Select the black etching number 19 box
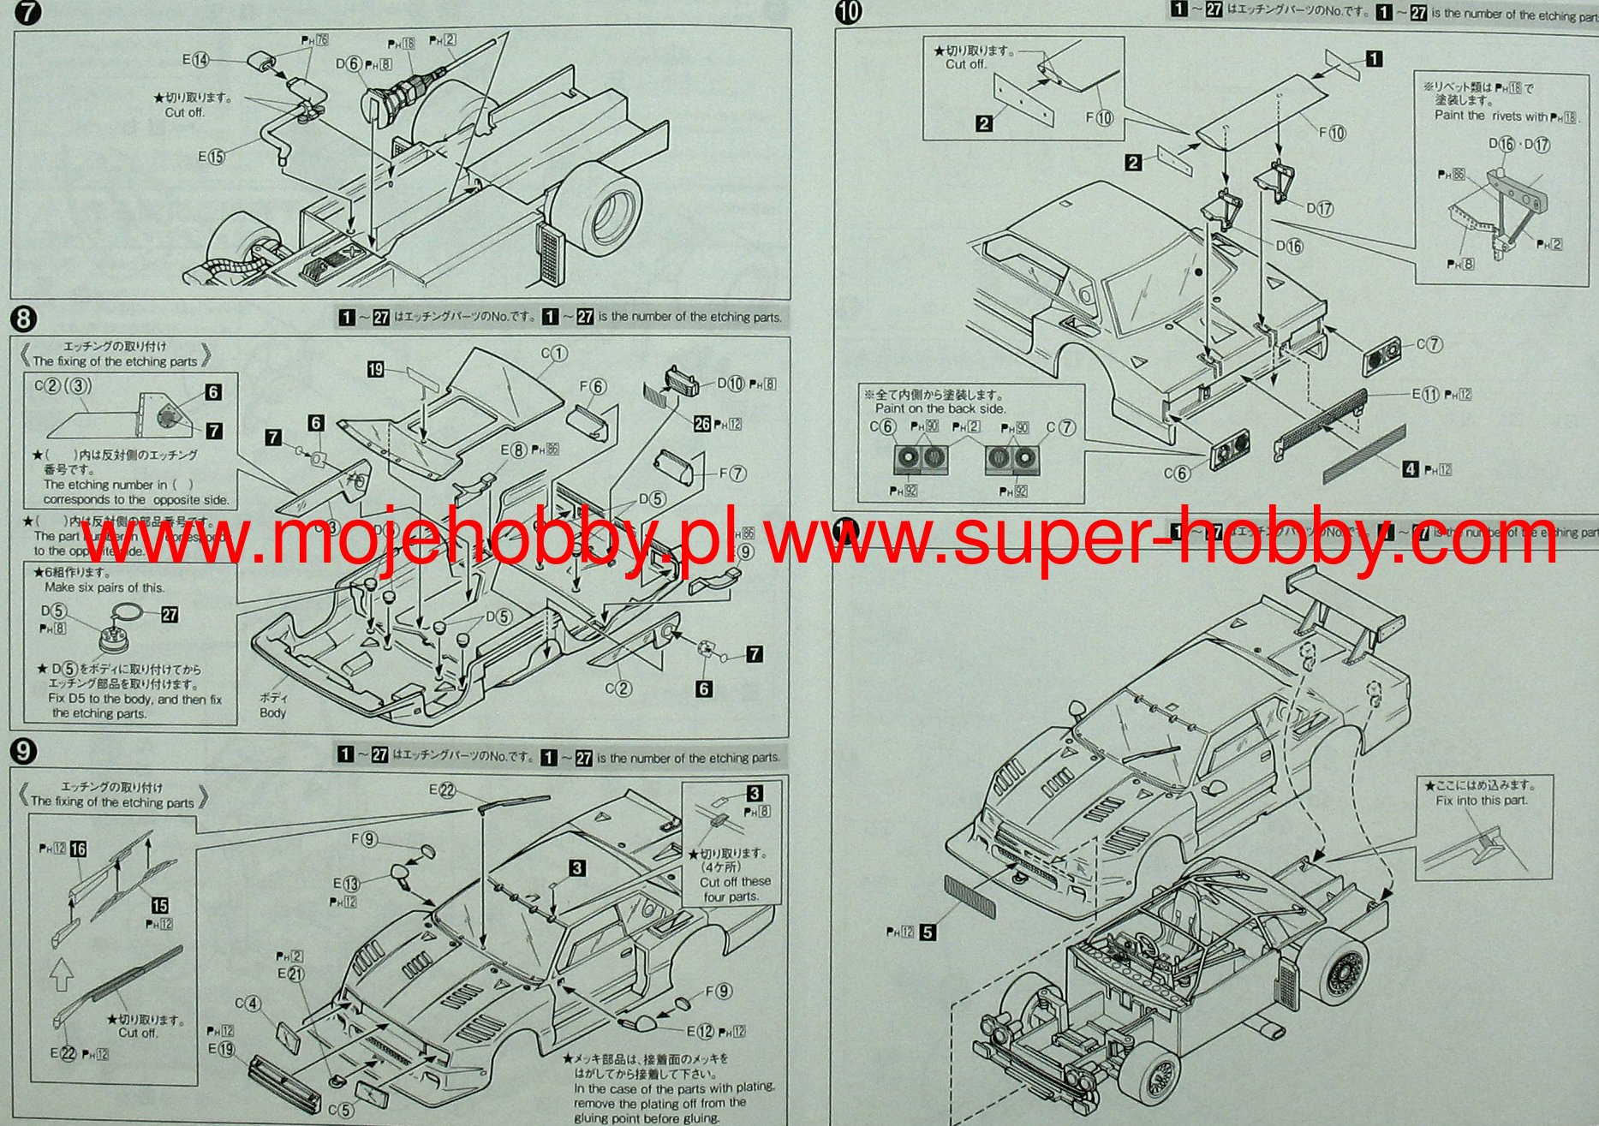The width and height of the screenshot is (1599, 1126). pos(375,370)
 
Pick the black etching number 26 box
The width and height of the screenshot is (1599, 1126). pos(702,423)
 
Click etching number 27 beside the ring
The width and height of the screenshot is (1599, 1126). pos(170,615)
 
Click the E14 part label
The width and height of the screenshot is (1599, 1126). pos(196,60)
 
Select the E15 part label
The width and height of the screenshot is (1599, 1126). pos(211,157)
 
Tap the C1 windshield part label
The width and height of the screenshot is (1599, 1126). pos(553,353)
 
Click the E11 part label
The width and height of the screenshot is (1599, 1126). pos(1426,394)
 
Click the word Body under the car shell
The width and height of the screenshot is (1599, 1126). pos(272,712)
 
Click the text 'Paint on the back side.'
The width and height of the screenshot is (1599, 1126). pos(940,408)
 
